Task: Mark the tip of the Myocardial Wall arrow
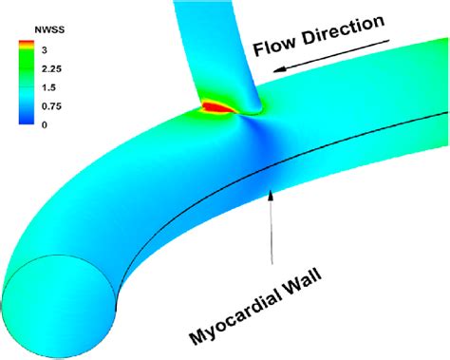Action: [272, 190]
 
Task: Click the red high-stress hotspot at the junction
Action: [217, 107]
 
